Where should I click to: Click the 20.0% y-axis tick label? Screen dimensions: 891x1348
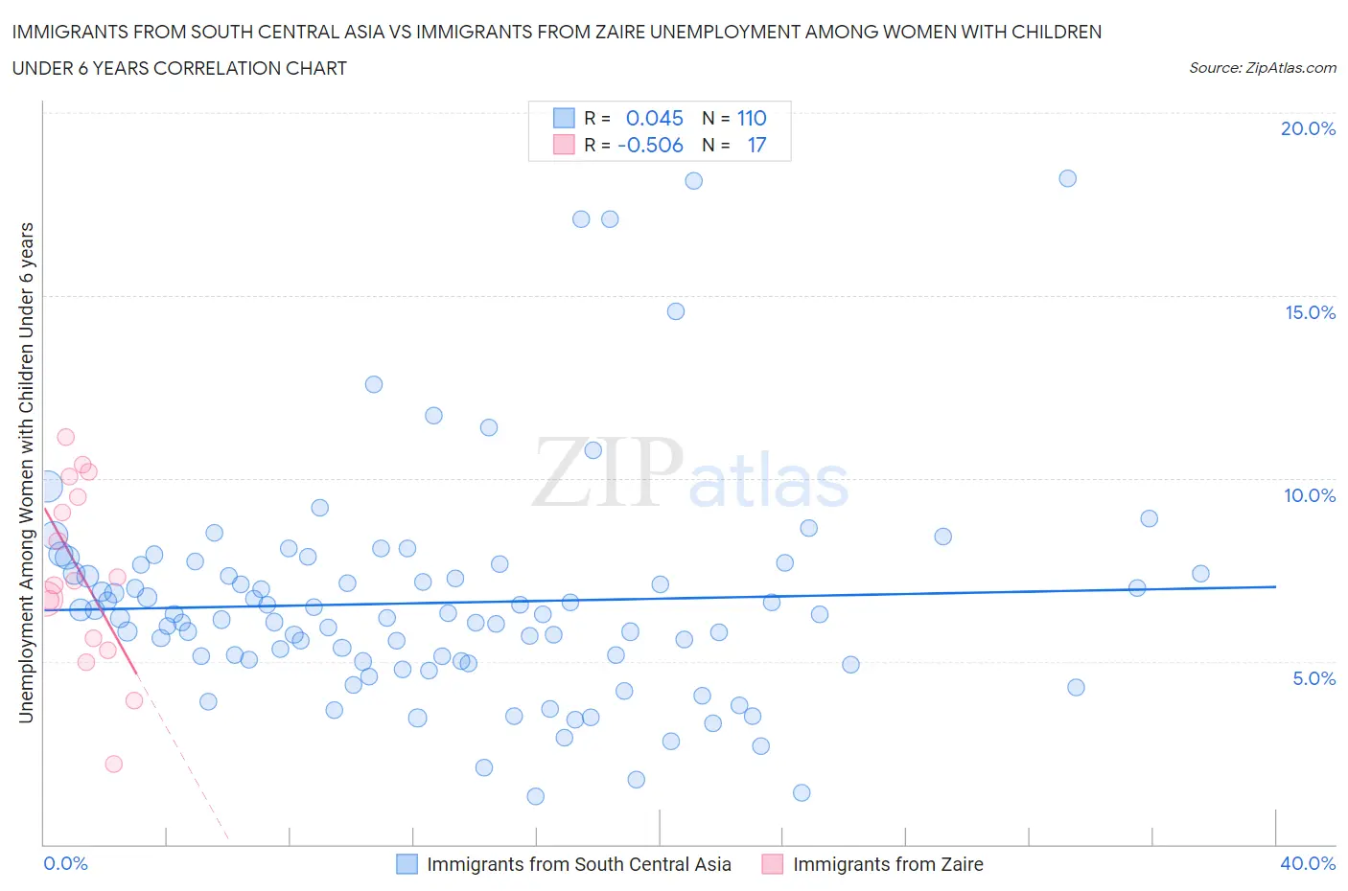pyautogui.click(x=1308, y=128)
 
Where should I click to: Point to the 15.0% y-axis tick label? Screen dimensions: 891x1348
pyautogui.click(x=1310, y=312)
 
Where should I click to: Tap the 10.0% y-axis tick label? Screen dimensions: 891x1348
pyautogui.click(x=1310, y=495)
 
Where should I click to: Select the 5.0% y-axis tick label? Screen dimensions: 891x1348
pyautogui.click(x=1313, y=678)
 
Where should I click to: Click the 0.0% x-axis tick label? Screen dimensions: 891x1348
pyautogui.click(x=66, y=863)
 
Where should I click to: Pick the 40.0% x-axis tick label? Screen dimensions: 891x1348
pyautogui.click(x=1308, y=863)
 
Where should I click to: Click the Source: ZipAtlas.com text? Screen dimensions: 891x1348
pyautogui.click(x=1262, y=68)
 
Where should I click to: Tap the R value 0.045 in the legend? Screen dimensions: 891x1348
pyautogui.click(x=654, y=118)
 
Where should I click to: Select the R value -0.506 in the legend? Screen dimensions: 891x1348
pyautogui.click(x=650, y=145)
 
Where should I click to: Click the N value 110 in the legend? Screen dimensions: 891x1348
pyautogui.click(x=752, y=118)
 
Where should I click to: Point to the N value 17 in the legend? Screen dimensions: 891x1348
pyautogui.click(x=756, y=145)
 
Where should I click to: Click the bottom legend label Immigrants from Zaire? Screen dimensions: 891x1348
pyautogui.click(x=888, y=864)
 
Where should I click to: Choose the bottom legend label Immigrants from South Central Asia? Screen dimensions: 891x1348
pyautogui.click(x=578, y=864)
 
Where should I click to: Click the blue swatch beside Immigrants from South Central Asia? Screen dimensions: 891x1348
pyautogui.click(x=407, y=864)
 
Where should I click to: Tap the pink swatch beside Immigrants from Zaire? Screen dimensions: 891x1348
pyautogui.click(x=773, y=864)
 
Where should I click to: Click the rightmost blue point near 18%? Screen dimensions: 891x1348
pyautogui.click(x=1067, y=178)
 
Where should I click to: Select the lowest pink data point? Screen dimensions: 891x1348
pyautogui.click(x=113, y=764)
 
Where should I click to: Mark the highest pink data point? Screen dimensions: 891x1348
pyautogui.click(x=65, y=437)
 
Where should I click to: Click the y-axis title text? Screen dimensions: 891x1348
pyautogui.click(x=26, y=472)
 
